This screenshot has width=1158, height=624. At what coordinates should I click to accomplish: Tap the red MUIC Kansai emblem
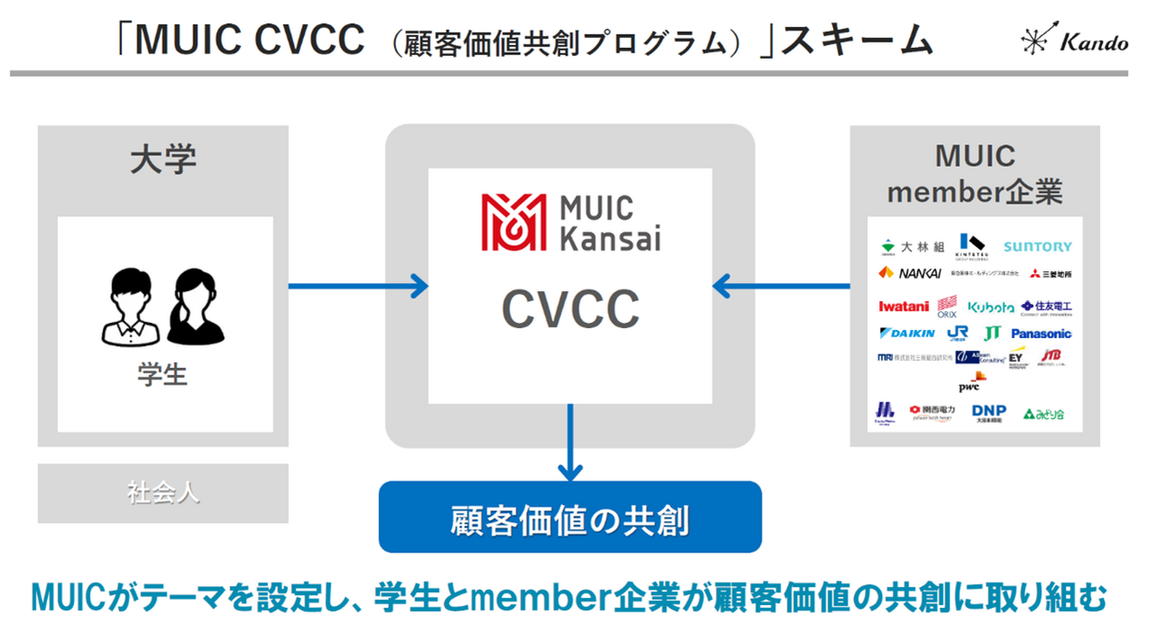pos(513,222)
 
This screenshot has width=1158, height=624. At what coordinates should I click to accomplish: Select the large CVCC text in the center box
pos(570,310)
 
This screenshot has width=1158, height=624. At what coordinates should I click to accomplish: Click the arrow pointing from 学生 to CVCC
pos(357,287)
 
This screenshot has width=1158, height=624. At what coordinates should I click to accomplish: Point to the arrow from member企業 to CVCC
pos(782,287)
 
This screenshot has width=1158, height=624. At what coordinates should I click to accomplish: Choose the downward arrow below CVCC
pos(570,442)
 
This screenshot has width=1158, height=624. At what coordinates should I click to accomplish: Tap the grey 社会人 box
pos(163,494)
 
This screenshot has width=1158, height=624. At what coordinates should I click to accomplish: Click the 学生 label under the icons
pos(164,374)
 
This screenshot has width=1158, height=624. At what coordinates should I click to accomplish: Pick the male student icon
pos(131,308)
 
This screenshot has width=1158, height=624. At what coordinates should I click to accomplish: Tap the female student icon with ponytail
pos(195,308)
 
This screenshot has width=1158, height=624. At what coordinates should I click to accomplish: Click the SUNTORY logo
pos(1037,246)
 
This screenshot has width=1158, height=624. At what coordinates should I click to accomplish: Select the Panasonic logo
pos(1040,334)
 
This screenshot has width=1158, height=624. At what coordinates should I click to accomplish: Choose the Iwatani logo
pos(903,307)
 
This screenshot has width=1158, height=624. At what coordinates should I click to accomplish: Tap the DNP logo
pos(989,412)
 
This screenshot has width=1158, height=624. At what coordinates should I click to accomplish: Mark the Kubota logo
pos(991,307)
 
